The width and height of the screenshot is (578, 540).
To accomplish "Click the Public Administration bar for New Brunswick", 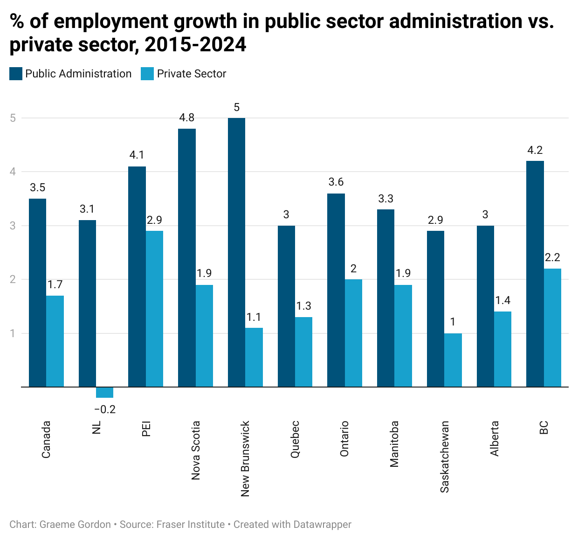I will (x=236, y=252).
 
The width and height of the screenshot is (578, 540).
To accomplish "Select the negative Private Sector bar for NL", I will (x=104, y=392).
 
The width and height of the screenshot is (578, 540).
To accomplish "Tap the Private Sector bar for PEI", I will (x=154, y=309).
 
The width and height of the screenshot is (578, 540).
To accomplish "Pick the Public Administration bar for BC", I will (x=535, y=274).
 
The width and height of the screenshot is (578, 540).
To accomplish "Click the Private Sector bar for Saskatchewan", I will (x=453, y=360).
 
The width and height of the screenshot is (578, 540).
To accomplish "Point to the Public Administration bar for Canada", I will (x=37, y=293).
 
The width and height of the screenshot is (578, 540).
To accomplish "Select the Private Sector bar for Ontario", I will (x=353, y=333).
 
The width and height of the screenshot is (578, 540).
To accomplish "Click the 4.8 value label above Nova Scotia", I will (x=186, y=118).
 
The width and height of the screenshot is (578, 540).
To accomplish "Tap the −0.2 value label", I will (x=104, y=410).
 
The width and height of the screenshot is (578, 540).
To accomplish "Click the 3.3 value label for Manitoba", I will (x=385, y=199).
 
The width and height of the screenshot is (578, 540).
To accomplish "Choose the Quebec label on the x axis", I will (x=295, y=439).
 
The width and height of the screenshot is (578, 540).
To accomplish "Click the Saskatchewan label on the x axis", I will (x=445, y=457).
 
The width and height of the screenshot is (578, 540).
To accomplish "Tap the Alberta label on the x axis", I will (x=494, y=438).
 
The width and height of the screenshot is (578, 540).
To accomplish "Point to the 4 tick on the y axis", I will (x=13, y=172).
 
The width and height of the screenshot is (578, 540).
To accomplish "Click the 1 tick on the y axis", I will (x=13, y=333).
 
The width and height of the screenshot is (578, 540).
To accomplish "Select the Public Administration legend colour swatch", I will (x=16, y=74).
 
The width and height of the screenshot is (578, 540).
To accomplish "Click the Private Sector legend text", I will (x=191, y=74).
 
